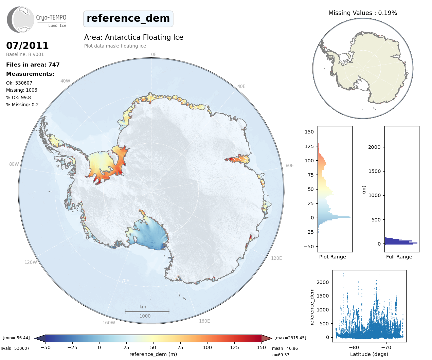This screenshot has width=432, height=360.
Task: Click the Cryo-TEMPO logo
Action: (37, 20)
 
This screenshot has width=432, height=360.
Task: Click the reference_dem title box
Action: (128, 19)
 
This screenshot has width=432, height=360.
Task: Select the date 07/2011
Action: (28, 46)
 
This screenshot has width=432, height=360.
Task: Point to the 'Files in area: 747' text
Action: (33, 65)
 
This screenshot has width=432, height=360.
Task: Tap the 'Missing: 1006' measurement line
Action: (22, 90)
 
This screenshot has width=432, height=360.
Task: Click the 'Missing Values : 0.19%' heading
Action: (362, 13)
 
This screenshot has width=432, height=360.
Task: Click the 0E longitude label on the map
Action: (154, 54)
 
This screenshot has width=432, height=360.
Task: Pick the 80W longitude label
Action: (14, 164)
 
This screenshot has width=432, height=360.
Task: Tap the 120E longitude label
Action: (276, 258)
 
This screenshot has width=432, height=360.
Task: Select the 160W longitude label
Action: (109, 323)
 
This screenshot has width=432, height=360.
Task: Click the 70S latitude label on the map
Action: (125, 281)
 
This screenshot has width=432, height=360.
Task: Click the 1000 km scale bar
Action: (147, 311)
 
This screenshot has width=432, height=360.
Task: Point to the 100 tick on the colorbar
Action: (207, 347)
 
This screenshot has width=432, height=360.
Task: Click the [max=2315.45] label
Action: (290, 338)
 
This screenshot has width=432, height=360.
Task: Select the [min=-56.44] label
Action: (16, 338)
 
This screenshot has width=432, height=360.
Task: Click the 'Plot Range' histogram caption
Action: (332, 257)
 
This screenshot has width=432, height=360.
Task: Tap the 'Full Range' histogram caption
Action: (399, 257)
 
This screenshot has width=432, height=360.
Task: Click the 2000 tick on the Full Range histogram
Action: (374, 147)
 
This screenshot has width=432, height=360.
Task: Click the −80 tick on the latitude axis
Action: (354, 347)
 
